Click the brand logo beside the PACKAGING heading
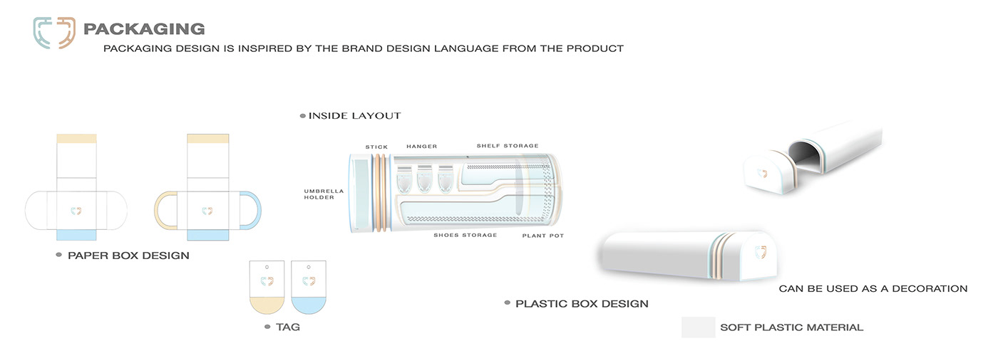coord(54,33)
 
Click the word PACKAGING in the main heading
coord(144,29)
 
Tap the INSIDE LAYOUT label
coord(354,115)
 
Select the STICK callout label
coord(376,147)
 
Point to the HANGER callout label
coord(421,147)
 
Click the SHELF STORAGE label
coord(508,146)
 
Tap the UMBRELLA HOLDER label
coord(324,195)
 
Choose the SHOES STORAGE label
coord(465,235)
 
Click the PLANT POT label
coord(542,235)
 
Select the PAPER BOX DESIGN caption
coord(128,255)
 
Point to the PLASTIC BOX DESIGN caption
coord(582,304)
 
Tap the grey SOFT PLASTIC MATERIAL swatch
coord(698,327)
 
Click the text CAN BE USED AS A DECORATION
coord(873,289)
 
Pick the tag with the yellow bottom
coord(267,288)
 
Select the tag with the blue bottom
coord(309,288)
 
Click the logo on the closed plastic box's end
coord(761,251)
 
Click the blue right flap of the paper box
coord(254,211)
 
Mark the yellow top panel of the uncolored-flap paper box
coord(76,139)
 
